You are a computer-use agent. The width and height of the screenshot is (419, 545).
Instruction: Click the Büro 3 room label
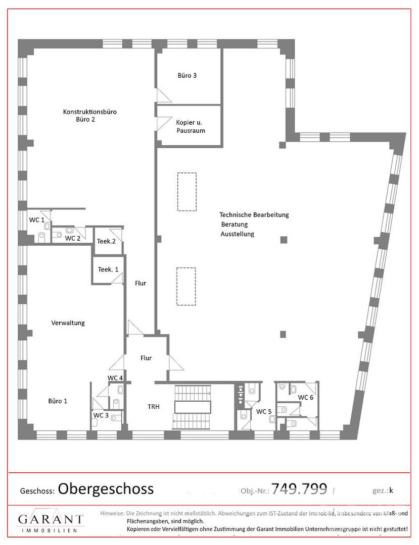[187, 75]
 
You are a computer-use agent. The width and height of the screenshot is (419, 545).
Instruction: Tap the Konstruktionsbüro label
[90, 112]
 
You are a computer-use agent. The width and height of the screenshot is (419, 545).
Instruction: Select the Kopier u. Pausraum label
[191, 127]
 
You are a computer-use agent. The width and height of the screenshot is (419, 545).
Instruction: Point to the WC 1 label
[36, 220]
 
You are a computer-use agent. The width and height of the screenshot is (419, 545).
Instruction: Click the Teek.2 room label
[106, 241]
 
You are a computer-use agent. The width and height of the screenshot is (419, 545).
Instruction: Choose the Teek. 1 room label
[108, 269]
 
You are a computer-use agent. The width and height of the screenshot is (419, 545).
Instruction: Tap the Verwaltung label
[68, 323]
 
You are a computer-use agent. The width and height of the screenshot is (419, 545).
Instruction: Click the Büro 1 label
[58, 401]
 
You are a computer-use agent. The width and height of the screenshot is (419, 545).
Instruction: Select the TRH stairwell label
[154, 406]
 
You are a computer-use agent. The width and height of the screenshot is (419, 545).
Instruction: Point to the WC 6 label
[306, 397]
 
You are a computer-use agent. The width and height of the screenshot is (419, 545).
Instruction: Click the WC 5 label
[264, 412]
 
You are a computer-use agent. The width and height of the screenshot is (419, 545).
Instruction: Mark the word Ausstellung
[238, 234]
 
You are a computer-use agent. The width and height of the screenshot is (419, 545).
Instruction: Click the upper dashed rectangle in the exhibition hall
[187, 192]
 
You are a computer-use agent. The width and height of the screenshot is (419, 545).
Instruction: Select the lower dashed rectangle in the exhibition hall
[186, 287]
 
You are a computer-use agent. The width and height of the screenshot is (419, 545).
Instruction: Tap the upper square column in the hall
[284, 240]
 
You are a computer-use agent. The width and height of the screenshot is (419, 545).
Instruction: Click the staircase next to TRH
[193, 406]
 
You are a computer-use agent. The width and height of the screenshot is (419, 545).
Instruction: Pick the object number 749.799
[299, 488]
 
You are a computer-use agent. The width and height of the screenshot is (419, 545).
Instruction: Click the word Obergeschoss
[106, 489]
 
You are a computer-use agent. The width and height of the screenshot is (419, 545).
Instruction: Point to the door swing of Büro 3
[164, 96]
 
